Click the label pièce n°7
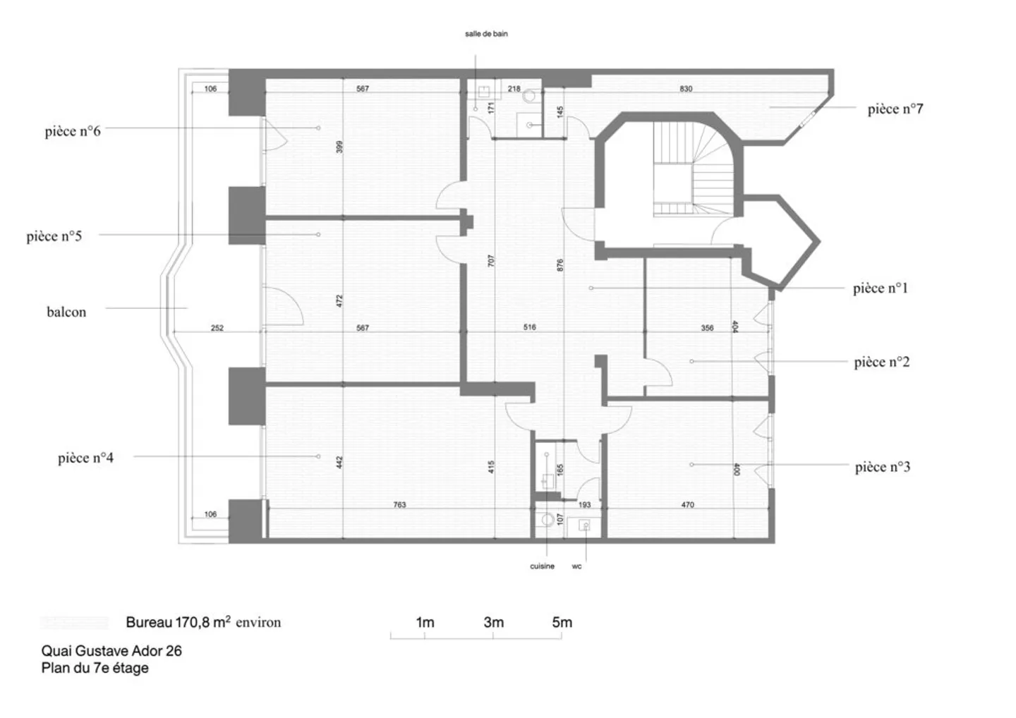pyautogui.click(x=895, y=109)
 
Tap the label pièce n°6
pyautogui.click(x=73, y=131)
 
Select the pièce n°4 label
pyautogui.click(x=86, y=458)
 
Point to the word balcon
pyautogui.click(x=66, y=312)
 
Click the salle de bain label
pyautogui.click(x=486, y=34)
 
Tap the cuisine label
pyautogui.click(x=542, y=566)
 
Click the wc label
pyautogui.click(x=576, y=566)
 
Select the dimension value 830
pyautogui.click(x=686, y=89)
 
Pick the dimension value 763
pyautogui.click(x=399, y=505)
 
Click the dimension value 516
pyautogui.click(x=529, y=327)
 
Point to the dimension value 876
pyautogui.click(x=560, y=265)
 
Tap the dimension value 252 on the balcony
pyautogui.click(x=217, y=328)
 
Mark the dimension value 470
pyautogui.click(x=688, y=505)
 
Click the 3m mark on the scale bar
pyautogui.click(x=493, y=622)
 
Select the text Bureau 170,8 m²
pyautogui.click(x=179, y=622)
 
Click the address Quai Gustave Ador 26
pyautogui.click(x=111, y=651)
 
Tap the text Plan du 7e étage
pyautogui.click(x=95, y=668)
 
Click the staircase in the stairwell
pyautogui.click(x=693, y=169)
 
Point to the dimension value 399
pyautogui.click(x=339, y=147)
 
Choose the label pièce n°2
pyautogui.click(x=882, y=362)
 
